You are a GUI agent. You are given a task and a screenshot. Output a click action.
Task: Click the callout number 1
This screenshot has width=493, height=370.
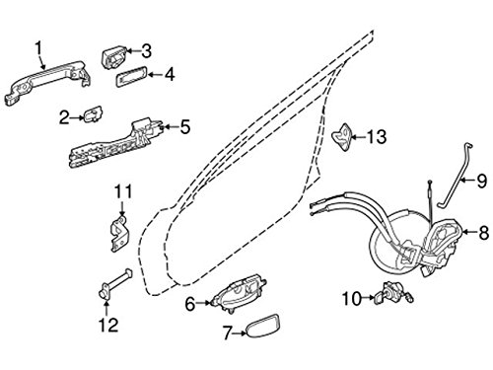coord(39,48)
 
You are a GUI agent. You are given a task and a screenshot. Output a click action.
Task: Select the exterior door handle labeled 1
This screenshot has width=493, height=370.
coord(47,82)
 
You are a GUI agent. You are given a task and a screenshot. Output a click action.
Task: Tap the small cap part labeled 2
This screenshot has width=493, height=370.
coord(93,115)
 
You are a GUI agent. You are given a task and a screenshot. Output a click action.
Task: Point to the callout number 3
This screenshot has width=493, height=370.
coord(146,51)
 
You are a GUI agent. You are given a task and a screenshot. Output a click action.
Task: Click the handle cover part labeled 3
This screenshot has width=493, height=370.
coord(114,58)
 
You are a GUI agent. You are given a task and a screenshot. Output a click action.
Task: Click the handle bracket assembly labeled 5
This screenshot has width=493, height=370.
coord(115,143)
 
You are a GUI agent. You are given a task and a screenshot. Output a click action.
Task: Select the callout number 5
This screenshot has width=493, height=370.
coord(185,127)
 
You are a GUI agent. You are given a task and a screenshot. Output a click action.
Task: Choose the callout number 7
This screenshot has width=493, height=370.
coord(228,333)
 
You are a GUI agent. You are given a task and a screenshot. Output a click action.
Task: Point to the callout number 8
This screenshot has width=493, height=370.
coord(483,233)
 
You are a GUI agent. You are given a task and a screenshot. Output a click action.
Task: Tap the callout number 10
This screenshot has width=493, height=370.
coord(351,299)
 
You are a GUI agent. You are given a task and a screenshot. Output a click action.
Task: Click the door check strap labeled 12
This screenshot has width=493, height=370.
coord(115,284)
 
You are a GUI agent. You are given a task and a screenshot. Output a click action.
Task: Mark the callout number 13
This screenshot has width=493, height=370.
coord(377,136)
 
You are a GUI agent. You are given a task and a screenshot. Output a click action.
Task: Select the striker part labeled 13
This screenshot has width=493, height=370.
coord(342,137)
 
